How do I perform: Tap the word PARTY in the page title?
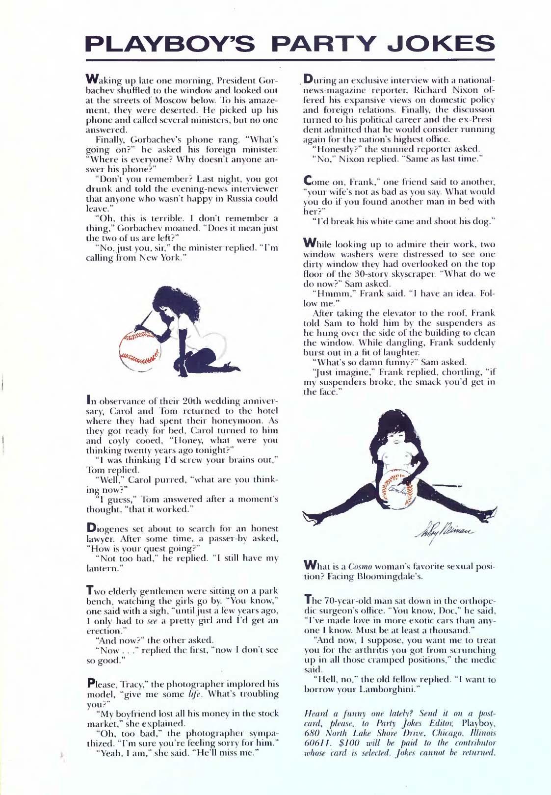tap(329, 44)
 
